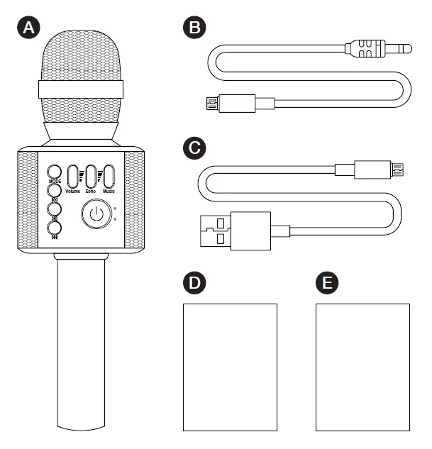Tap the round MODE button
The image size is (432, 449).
(x=55, y=172)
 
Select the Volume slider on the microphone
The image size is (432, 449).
(x=72, y=176)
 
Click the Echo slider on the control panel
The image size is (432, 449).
(x=91, y=176)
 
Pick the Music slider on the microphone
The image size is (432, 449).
(x=109, y=176)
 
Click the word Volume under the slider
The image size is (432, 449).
(x=73, y=192)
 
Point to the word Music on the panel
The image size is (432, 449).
(x=109, y=192)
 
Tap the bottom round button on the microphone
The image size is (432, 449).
(x=55, y=227)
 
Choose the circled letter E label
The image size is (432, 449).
(x=327, y=282)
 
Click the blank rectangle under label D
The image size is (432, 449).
(x=230, y=367)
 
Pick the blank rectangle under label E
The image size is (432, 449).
(x=362, y=367)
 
